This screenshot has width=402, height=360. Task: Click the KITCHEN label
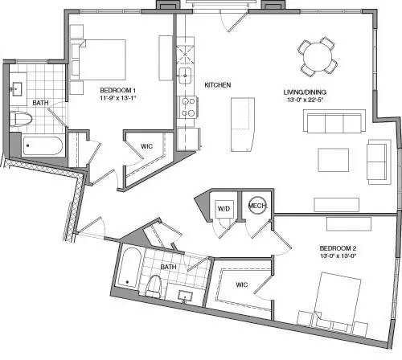tap(219, 84)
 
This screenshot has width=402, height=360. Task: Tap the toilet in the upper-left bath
tap(22, 120)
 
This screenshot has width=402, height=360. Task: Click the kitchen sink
tap(185, 77)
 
